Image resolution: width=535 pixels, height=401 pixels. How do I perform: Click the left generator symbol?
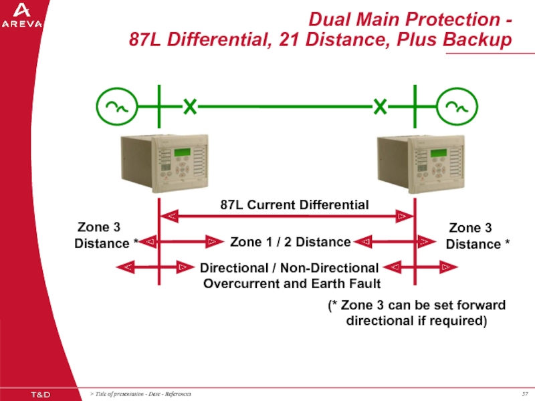coord(117,106)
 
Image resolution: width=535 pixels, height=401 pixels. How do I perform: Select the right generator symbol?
coord(457,106)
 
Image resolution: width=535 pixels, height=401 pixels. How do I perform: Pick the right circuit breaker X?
coord(380,106)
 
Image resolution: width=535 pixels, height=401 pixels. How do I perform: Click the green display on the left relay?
coord(183,152)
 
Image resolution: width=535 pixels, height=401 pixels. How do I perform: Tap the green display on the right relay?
coord(439,152)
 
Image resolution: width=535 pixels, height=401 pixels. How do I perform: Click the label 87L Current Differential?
coord(294,205)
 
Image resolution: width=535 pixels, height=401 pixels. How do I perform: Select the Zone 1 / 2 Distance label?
coord(290,241)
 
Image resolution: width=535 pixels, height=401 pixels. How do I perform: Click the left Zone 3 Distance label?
coord(103,235)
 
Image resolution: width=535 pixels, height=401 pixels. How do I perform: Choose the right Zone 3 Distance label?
coord(474,236)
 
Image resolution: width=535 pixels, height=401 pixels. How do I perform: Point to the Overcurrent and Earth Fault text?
coord(292,283)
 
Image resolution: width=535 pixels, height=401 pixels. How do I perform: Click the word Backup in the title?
coord(475,40)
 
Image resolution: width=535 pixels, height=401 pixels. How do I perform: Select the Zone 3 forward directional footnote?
coord(417,313)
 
